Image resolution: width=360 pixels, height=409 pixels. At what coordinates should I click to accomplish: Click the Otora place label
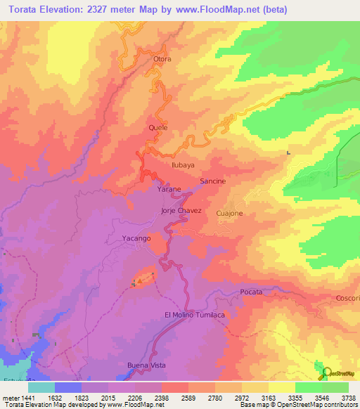[162, 59]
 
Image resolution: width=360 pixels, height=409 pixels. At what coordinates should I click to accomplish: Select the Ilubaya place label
[183, 164]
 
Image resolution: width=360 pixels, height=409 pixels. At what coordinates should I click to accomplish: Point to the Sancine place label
[212, 181]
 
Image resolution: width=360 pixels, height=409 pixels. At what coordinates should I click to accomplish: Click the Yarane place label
[169, 190]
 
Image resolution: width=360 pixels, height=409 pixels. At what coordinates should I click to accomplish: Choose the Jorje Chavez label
[181, 210]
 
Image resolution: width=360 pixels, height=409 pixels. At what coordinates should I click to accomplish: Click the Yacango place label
[135, 239]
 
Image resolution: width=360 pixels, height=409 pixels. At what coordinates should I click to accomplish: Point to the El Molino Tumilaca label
[194, 314]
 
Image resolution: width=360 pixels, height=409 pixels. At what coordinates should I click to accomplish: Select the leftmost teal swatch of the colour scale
[41, 387]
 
